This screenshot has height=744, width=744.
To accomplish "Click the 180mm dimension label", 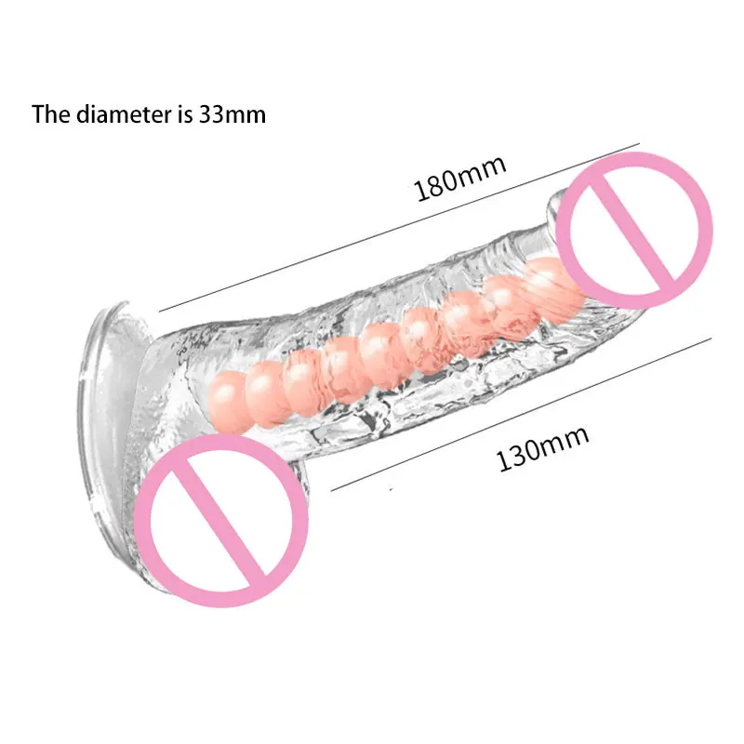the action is point(460,178).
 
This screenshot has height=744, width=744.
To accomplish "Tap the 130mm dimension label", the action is point(543,447).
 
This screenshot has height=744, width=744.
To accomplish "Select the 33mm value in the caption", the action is point(232,114).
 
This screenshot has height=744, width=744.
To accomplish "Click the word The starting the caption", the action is point(50,114).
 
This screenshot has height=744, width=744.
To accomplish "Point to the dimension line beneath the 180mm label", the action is point(400,227).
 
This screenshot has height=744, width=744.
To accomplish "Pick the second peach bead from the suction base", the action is point(267,380).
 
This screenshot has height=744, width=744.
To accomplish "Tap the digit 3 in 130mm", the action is point(521,456).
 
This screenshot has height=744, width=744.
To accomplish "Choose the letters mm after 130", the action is point(568,438).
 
